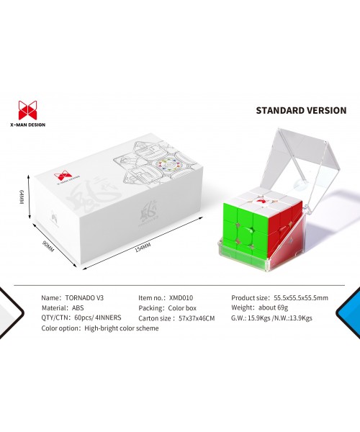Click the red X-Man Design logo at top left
pyautogui.click(x=27, y=110)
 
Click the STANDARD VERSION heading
pyautogui.click(x=301, y=110)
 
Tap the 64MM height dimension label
pyautogui.click(x=21, y=197)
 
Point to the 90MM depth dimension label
pyautogui.click(x=48, y=246)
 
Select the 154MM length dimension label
pyautogui.click(x=143, y=248)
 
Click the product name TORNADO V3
pyautogui.click(x=84, y=298)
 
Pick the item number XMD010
pyautogui.click(x=181, y=298)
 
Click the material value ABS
pyautogui.click(x=78, y=307)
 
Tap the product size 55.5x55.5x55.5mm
pyautogui.click(x=301, y=298)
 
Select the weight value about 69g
pyautogui.click(x=273, y=307)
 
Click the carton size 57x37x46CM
pyautogui.click(x=197, y=318)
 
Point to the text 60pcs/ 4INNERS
pyautogui.click(x=98, y=318)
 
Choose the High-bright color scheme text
pyautogui.click(x=122, y=328)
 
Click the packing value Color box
pyautogui.click(x=182, y=308)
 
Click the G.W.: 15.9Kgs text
pyautogui.click(x=251, y=318)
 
